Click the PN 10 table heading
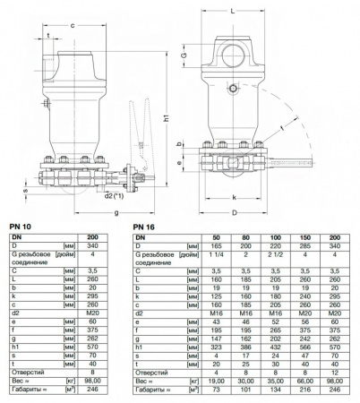point(17,225)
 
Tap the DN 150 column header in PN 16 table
point(304,236)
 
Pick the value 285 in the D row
point(304,244)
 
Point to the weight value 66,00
point(304,380)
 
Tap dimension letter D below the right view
point(234,212)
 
